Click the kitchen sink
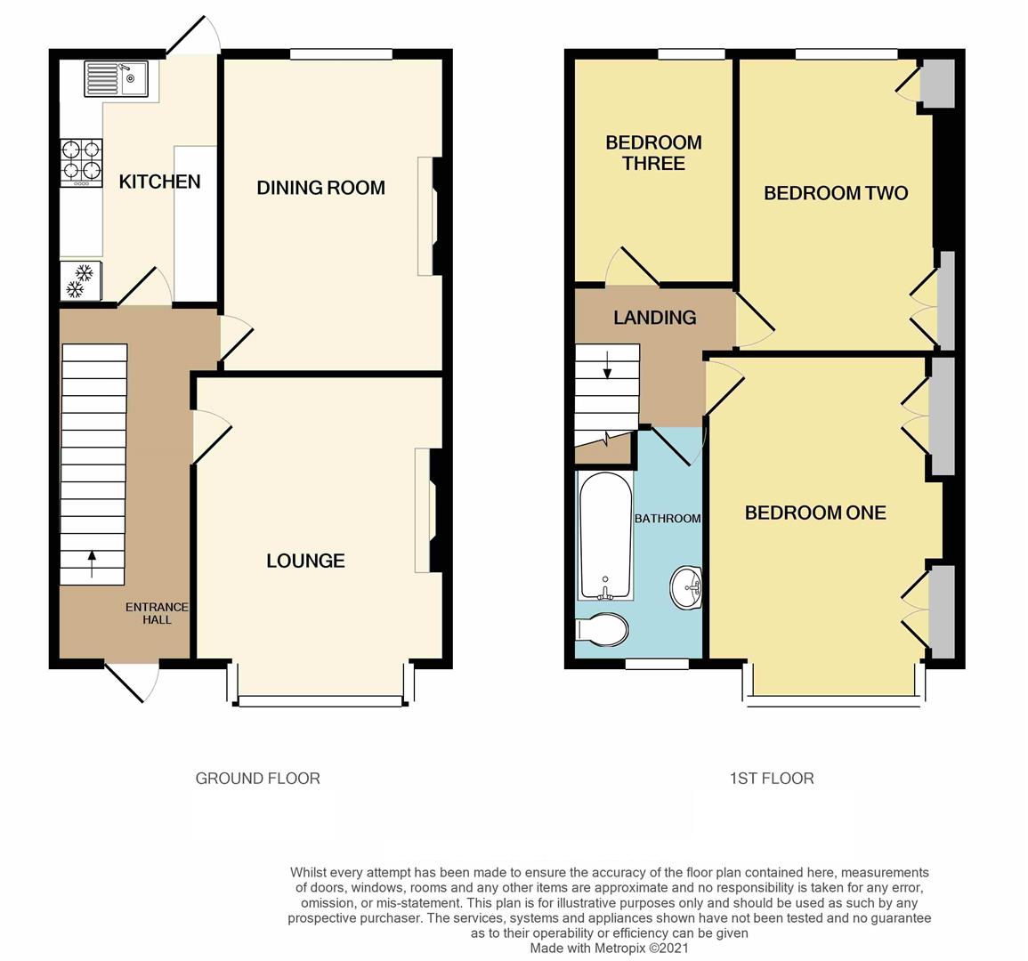coord(117,78)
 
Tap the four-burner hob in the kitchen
coord(81,161)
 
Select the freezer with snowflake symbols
coord(81,281)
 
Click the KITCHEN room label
coord(160,182)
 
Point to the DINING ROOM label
coord(320,188)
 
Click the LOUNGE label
coord(305,561)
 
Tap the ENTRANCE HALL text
coord(157,613)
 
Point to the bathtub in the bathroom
coord(605,536)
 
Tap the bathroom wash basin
coord(685,587)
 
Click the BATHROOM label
coord(667,519)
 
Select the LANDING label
coord(654,318)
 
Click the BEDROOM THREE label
coord(653,153)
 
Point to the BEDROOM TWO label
coord(836,193)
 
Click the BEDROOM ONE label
coord(815,513)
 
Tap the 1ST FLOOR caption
coord(772,779)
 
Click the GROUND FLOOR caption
coord(257,779)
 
